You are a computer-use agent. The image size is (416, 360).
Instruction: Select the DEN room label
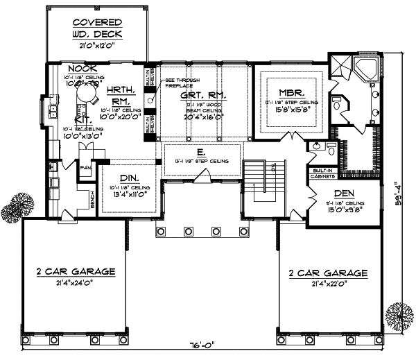345,194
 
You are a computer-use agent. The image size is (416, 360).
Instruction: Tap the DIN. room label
128,178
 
